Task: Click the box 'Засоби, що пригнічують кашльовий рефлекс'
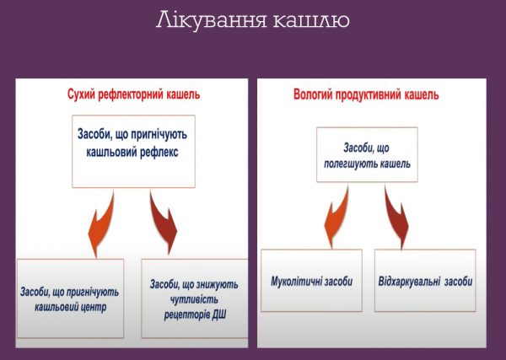(133, 143)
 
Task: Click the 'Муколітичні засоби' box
(311, 281)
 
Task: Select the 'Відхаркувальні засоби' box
(425, 281)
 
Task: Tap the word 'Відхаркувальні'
(410, 281)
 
